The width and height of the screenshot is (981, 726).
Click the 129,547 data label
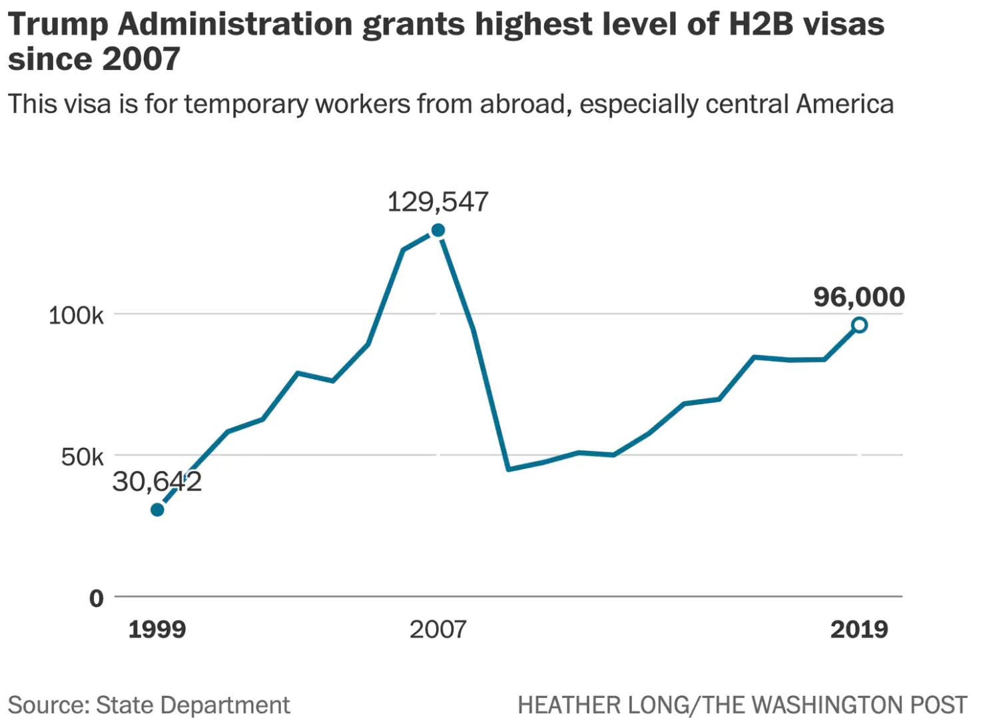click(438, 202)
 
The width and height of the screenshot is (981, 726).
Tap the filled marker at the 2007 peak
click(438, 230)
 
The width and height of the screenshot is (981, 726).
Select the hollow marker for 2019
click(859, 325)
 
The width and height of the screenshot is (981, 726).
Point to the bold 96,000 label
click(859, 297)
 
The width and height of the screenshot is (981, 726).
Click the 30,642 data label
click(157, 482)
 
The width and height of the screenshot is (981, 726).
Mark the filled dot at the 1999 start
click(157, 510)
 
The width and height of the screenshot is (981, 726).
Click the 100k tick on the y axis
click(76, 315)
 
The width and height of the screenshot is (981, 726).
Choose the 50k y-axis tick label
click(82, 457)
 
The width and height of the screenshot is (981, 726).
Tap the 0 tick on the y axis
click(97, 598)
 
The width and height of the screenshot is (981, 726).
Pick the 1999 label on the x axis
click(157, 629)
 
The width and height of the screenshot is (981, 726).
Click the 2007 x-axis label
click(438, 629)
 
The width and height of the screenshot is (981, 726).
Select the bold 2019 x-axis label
click(859, 629)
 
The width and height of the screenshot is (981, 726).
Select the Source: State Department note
click(149, 705)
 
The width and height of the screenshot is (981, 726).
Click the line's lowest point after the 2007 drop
click(508, 469)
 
